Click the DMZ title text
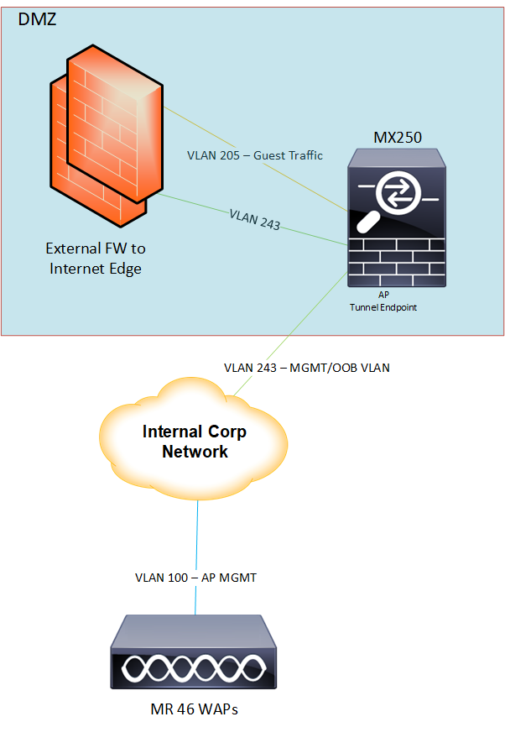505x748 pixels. coord(37,18)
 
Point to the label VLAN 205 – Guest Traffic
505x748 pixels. coord(254,155)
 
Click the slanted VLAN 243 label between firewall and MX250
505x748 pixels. coord(254,220)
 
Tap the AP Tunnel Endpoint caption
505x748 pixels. coord(383,302)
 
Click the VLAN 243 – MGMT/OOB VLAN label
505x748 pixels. coord(307,368)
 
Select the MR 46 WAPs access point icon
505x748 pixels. coord(195,656)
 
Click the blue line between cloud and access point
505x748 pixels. coord(197,529)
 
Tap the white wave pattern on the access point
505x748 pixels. coord(194,668)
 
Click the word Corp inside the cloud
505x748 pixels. coord(226,433)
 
